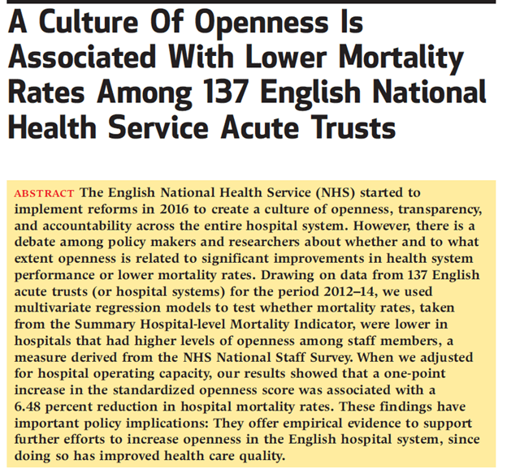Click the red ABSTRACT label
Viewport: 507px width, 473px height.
pos(45,193)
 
